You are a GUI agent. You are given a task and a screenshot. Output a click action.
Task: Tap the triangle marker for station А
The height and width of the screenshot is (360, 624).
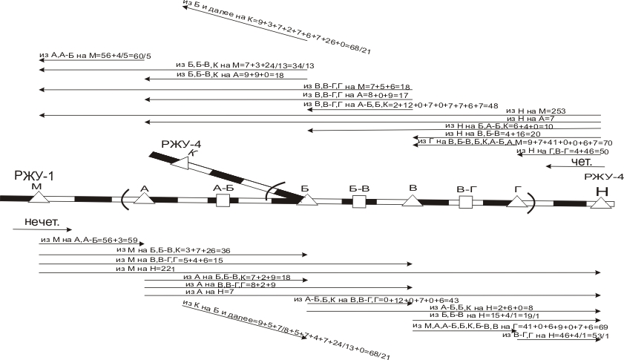coord(144,198)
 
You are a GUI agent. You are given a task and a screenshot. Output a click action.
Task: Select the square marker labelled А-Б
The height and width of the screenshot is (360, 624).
coord(223,200)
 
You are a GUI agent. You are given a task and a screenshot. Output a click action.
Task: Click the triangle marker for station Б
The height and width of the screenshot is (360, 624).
coord(307,200)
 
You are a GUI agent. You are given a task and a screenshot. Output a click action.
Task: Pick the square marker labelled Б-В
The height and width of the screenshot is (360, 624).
coord(359,201)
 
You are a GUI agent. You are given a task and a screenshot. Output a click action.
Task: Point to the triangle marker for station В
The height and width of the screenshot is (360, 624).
coord(413,200)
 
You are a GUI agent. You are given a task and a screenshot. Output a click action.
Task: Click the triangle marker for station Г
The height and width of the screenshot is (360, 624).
coord(516,201)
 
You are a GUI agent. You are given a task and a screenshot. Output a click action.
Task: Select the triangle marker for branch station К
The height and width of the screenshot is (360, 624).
coord(180,162)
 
